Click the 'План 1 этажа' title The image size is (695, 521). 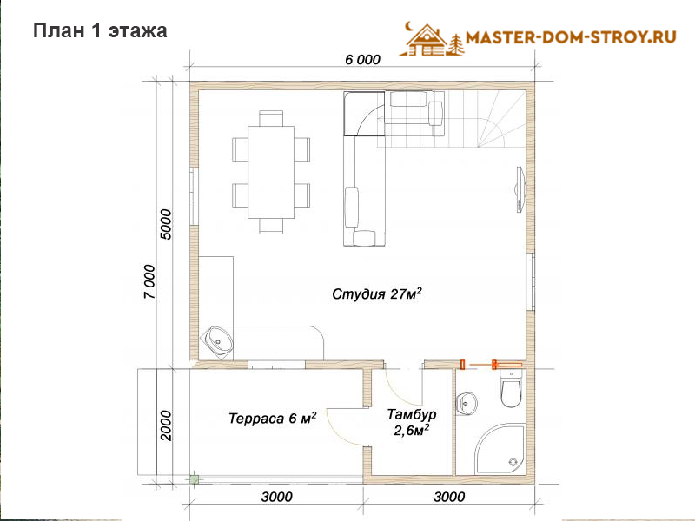click(100, 30)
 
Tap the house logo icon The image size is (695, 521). click(431, 39)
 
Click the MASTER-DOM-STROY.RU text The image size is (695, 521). click(571, 36)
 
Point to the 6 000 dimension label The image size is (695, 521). click(362, 59)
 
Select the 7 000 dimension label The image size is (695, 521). click(150, 281)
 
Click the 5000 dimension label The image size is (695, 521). click(165, 224)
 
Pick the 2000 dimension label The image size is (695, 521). click(165, 425)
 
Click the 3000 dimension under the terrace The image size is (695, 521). click(276, 497)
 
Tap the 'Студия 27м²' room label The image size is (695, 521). click(377, 293)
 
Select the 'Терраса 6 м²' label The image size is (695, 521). click(273, 418)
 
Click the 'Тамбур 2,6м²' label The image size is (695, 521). click(412, 422)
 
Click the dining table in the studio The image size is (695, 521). click(271, 172)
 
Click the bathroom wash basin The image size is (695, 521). click(466, 403)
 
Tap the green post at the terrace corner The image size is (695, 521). click(194, 478)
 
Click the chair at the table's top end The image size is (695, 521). click(271, 118)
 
